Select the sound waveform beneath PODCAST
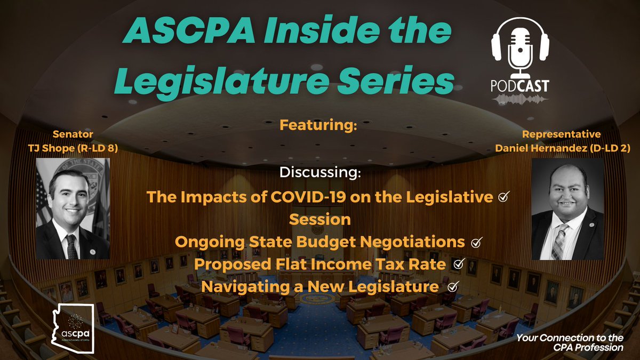pyautogui.click(x=520, y=99)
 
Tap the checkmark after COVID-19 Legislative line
pyautogui.click(x=502, y=197)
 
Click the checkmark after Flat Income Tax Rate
pyautogui.click(x=457, y=264)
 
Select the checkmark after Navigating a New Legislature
pyautogui.click(x=453, y=287)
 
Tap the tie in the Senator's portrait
pyautogui.click(x=71, y=246)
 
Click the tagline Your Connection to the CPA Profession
pyautogui.click(x=571, y=343)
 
